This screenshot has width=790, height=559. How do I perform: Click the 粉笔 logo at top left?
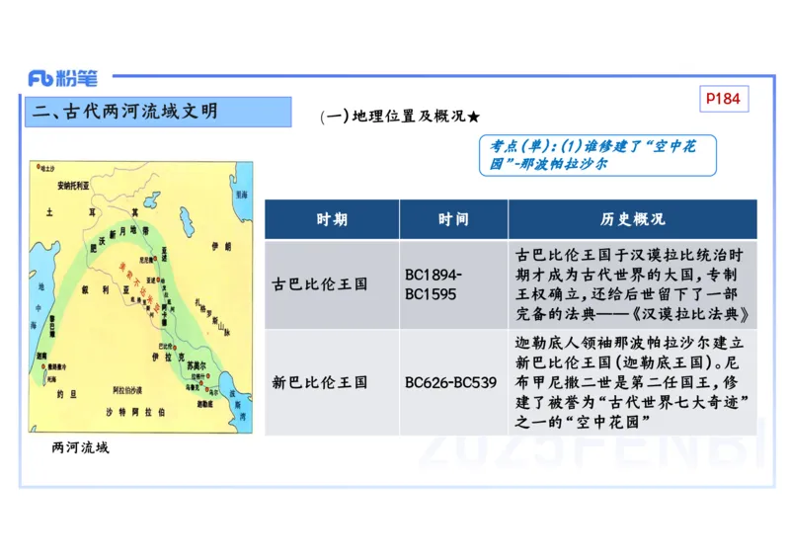[63, 78]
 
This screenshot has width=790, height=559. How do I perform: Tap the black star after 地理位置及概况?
[474, 116]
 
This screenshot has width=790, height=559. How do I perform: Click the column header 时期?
[332, 219]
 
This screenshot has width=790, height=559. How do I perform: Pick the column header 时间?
[453, 219]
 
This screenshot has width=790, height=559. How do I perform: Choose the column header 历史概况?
[633, 219]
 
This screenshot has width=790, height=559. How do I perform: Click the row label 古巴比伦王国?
[320, 284]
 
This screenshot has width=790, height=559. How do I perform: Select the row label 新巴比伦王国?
[320, 382]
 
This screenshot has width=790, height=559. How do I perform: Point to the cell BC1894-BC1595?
[434, 284]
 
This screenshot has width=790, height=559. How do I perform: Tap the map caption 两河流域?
[80, 448]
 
